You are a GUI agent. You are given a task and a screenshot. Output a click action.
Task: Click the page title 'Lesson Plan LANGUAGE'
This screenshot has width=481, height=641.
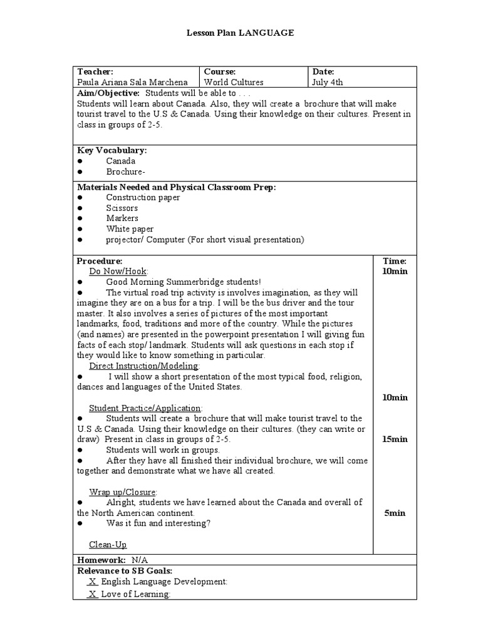coord(240,33)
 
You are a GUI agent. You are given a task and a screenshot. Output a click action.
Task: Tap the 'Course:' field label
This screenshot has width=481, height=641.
coord(219,72)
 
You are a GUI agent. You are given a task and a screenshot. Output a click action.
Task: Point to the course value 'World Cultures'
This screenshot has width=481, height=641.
coord(234,82)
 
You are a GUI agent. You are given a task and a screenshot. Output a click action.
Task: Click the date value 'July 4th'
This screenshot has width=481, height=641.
coord(327,82)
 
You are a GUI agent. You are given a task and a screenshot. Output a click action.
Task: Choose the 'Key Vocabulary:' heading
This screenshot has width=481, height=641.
coord(112,150)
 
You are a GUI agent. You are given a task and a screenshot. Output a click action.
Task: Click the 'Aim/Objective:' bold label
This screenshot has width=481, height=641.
coord(108,93)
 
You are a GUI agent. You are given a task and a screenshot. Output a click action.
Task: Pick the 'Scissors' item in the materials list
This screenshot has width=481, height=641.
coord(122,208)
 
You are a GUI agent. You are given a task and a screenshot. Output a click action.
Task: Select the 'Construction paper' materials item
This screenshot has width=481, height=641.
coord(143,197)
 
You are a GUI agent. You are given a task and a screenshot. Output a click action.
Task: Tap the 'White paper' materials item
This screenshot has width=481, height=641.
coord(130,229)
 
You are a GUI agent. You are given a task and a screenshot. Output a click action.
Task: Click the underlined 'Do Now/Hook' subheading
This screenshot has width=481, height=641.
coord(118,271)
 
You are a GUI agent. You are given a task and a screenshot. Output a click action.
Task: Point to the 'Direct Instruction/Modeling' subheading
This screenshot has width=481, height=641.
coord(144,366)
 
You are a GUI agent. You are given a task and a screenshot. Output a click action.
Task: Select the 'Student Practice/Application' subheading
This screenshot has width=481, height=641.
coord(145,408)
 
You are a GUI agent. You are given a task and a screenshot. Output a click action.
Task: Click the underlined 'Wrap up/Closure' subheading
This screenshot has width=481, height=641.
coord(123,492)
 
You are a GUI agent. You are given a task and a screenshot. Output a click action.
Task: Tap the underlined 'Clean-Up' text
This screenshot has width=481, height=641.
coord(108,545)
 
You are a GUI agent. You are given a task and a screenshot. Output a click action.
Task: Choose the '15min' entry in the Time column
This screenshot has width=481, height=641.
coord(395,439)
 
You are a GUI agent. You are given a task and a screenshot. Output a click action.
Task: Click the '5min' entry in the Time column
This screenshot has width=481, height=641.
coord(395,513)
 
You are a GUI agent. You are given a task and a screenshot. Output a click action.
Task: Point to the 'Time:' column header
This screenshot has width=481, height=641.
coord(395,260)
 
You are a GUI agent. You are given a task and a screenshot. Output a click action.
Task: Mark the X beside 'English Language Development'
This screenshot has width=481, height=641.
coord(93,582)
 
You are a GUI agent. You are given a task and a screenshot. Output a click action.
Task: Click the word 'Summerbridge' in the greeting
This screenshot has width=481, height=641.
coord(202,282)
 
